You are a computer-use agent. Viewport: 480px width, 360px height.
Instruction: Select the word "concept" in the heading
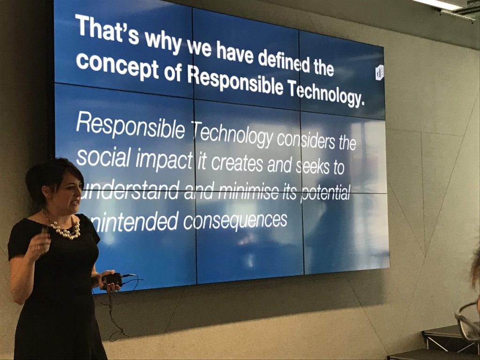point(117,67)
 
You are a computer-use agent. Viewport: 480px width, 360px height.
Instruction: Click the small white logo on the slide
point(379,72)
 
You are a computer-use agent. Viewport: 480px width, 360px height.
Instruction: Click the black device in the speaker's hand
point(112,279)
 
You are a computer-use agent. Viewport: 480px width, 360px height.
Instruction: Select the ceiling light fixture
point(447,5)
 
